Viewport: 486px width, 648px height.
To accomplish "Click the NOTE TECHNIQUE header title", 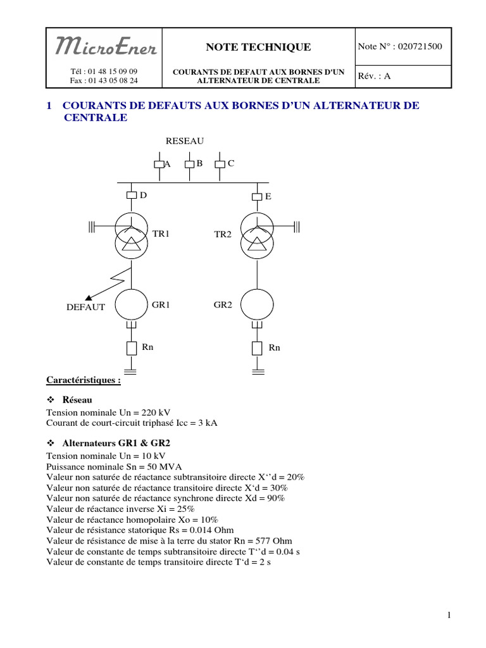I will [x=258, y=47].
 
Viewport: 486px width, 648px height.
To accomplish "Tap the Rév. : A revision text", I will [x=375, y=75].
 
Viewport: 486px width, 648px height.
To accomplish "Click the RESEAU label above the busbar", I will [x=185, y=140].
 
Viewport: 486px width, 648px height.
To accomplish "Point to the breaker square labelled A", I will [x=159, y=165].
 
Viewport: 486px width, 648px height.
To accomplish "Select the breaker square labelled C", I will [x=219, y=165].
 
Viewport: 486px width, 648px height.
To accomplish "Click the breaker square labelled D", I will [x=131, y=196].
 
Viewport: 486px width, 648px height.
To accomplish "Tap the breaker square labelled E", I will [x=257, y=197].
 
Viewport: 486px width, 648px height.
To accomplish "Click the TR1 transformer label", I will [x=161, y=234].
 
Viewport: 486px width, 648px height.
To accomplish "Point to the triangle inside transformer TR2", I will [x=257, y=245].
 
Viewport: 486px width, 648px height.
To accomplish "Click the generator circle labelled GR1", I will [x=131, y=304].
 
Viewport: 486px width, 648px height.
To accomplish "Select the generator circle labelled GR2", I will [x=257, y=304].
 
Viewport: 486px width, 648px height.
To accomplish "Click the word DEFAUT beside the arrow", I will [x=85, y=308].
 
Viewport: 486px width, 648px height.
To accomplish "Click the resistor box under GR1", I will [x=131, y=348].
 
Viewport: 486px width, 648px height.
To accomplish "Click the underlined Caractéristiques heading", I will [x=83, y=380].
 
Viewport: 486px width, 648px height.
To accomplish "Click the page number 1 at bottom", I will [x=448, y=615].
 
